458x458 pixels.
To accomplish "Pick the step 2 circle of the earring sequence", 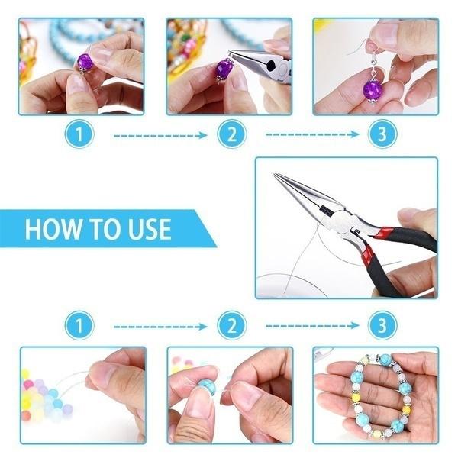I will (227, 136).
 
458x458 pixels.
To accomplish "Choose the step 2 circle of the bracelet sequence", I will (227, 326).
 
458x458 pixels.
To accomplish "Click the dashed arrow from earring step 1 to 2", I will (160, 136).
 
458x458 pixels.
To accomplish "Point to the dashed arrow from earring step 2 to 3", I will (311, 135).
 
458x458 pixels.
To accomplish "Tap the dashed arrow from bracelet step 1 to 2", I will (160, 326).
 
